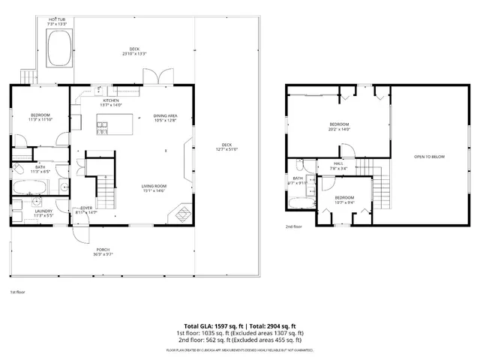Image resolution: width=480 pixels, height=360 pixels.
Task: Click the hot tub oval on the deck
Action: pos(57,50)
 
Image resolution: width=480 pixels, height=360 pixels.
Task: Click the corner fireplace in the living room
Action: pos(181,214)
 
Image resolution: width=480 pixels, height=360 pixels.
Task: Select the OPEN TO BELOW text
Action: pos(429,157)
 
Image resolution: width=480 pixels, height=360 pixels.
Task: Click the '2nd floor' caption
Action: pos(293,226)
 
